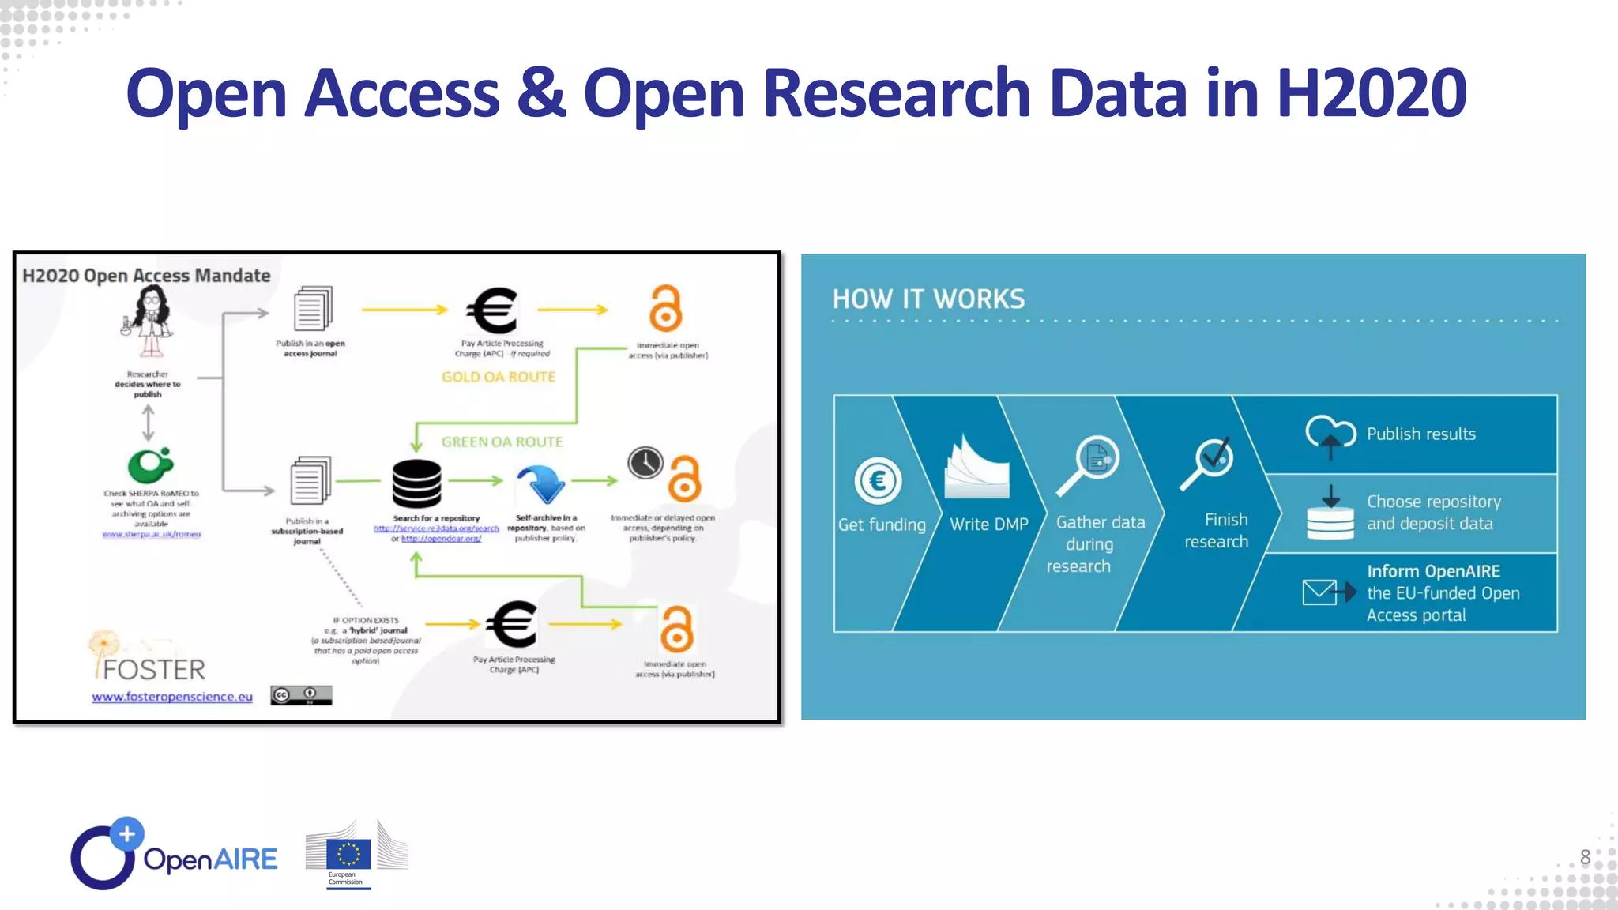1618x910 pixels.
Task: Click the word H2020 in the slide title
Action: pyautogui.click(x=1371, y=93)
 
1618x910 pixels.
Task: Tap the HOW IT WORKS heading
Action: pyautogui.click(x=928, y=299)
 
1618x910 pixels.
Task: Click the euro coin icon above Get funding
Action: pyautogui.click(x=878, y=480)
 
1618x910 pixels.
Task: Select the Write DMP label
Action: pyautogui.click(x=988, y=525)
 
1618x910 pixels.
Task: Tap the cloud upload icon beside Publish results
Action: pyautogui.click(x=1330, y=435)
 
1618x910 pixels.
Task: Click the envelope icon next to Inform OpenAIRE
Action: pyautogui.click(x=1327, y=592)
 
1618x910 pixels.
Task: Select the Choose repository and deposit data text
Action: pyautogui.click(x=1432, y=513)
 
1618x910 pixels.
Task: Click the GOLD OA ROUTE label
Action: pyautogui.click(x=499, y=378)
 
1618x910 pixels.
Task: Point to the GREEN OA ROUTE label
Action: pyautogui.click(x=502, y=442)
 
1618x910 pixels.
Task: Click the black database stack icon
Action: pyautogui.click(x=416, y=483)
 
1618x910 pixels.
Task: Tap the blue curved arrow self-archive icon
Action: pyautogui.click(x=541, y=483)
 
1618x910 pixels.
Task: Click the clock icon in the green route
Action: pyautogui.click(x=645, y=463)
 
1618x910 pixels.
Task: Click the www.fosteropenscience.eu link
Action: pyautogui.click(x=172, y=697)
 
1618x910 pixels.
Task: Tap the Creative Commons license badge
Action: pyautogui.click(x=301, y=695)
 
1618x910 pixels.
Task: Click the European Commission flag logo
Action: pyautogui.click(x=348, y=855)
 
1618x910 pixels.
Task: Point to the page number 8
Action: pyautogui.click(x=1585, y=857)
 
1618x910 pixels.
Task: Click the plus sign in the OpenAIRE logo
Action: pyautogui.click(x=126, y=833)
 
